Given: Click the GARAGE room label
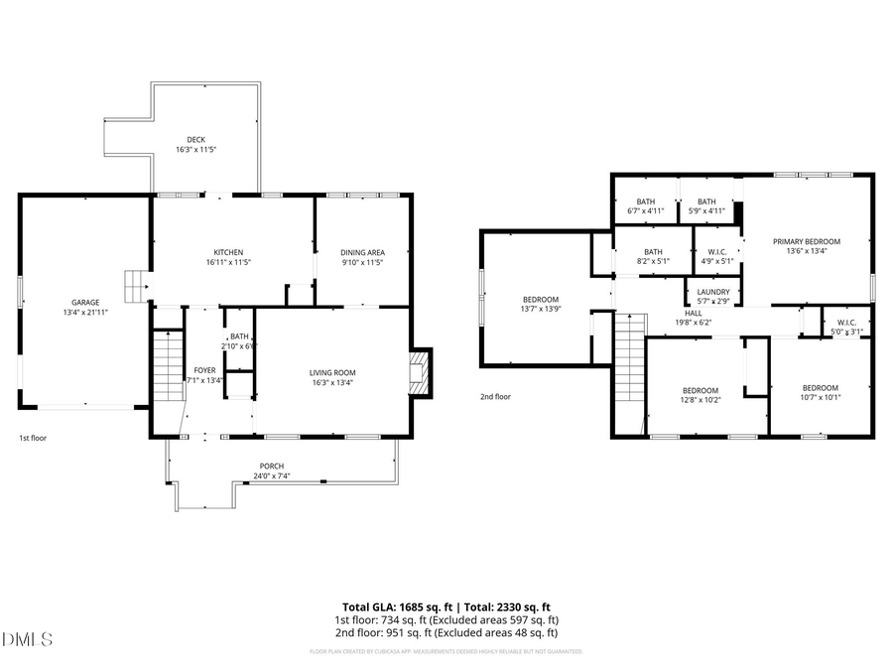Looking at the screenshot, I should tap(84, 302).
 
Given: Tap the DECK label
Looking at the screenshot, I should tap(195, 139).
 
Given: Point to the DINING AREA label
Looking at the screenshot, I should tap(362, 252).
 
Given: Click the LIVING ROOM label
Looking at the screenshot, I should tap(331, 372).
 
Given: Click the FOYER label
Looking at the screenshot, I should tap(204, 370).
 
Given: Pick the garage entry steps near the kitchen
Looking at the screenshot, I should tap(134, 286).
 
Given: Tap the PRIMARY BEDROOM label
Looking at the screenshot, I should tap(807, 241).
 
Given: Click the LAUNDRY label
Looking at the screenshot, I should tap(713, 292).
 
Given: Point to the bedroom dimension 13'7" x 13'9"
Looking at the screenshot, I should tap(541, 310).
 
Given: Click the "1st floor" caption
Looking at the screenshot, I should tap(33, 437).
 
